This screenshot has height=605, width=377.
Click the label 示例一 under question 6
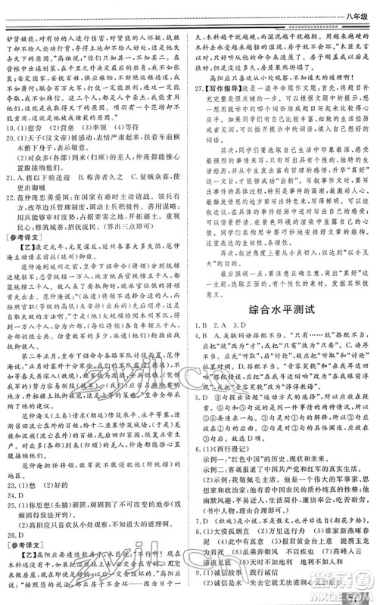208,458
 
